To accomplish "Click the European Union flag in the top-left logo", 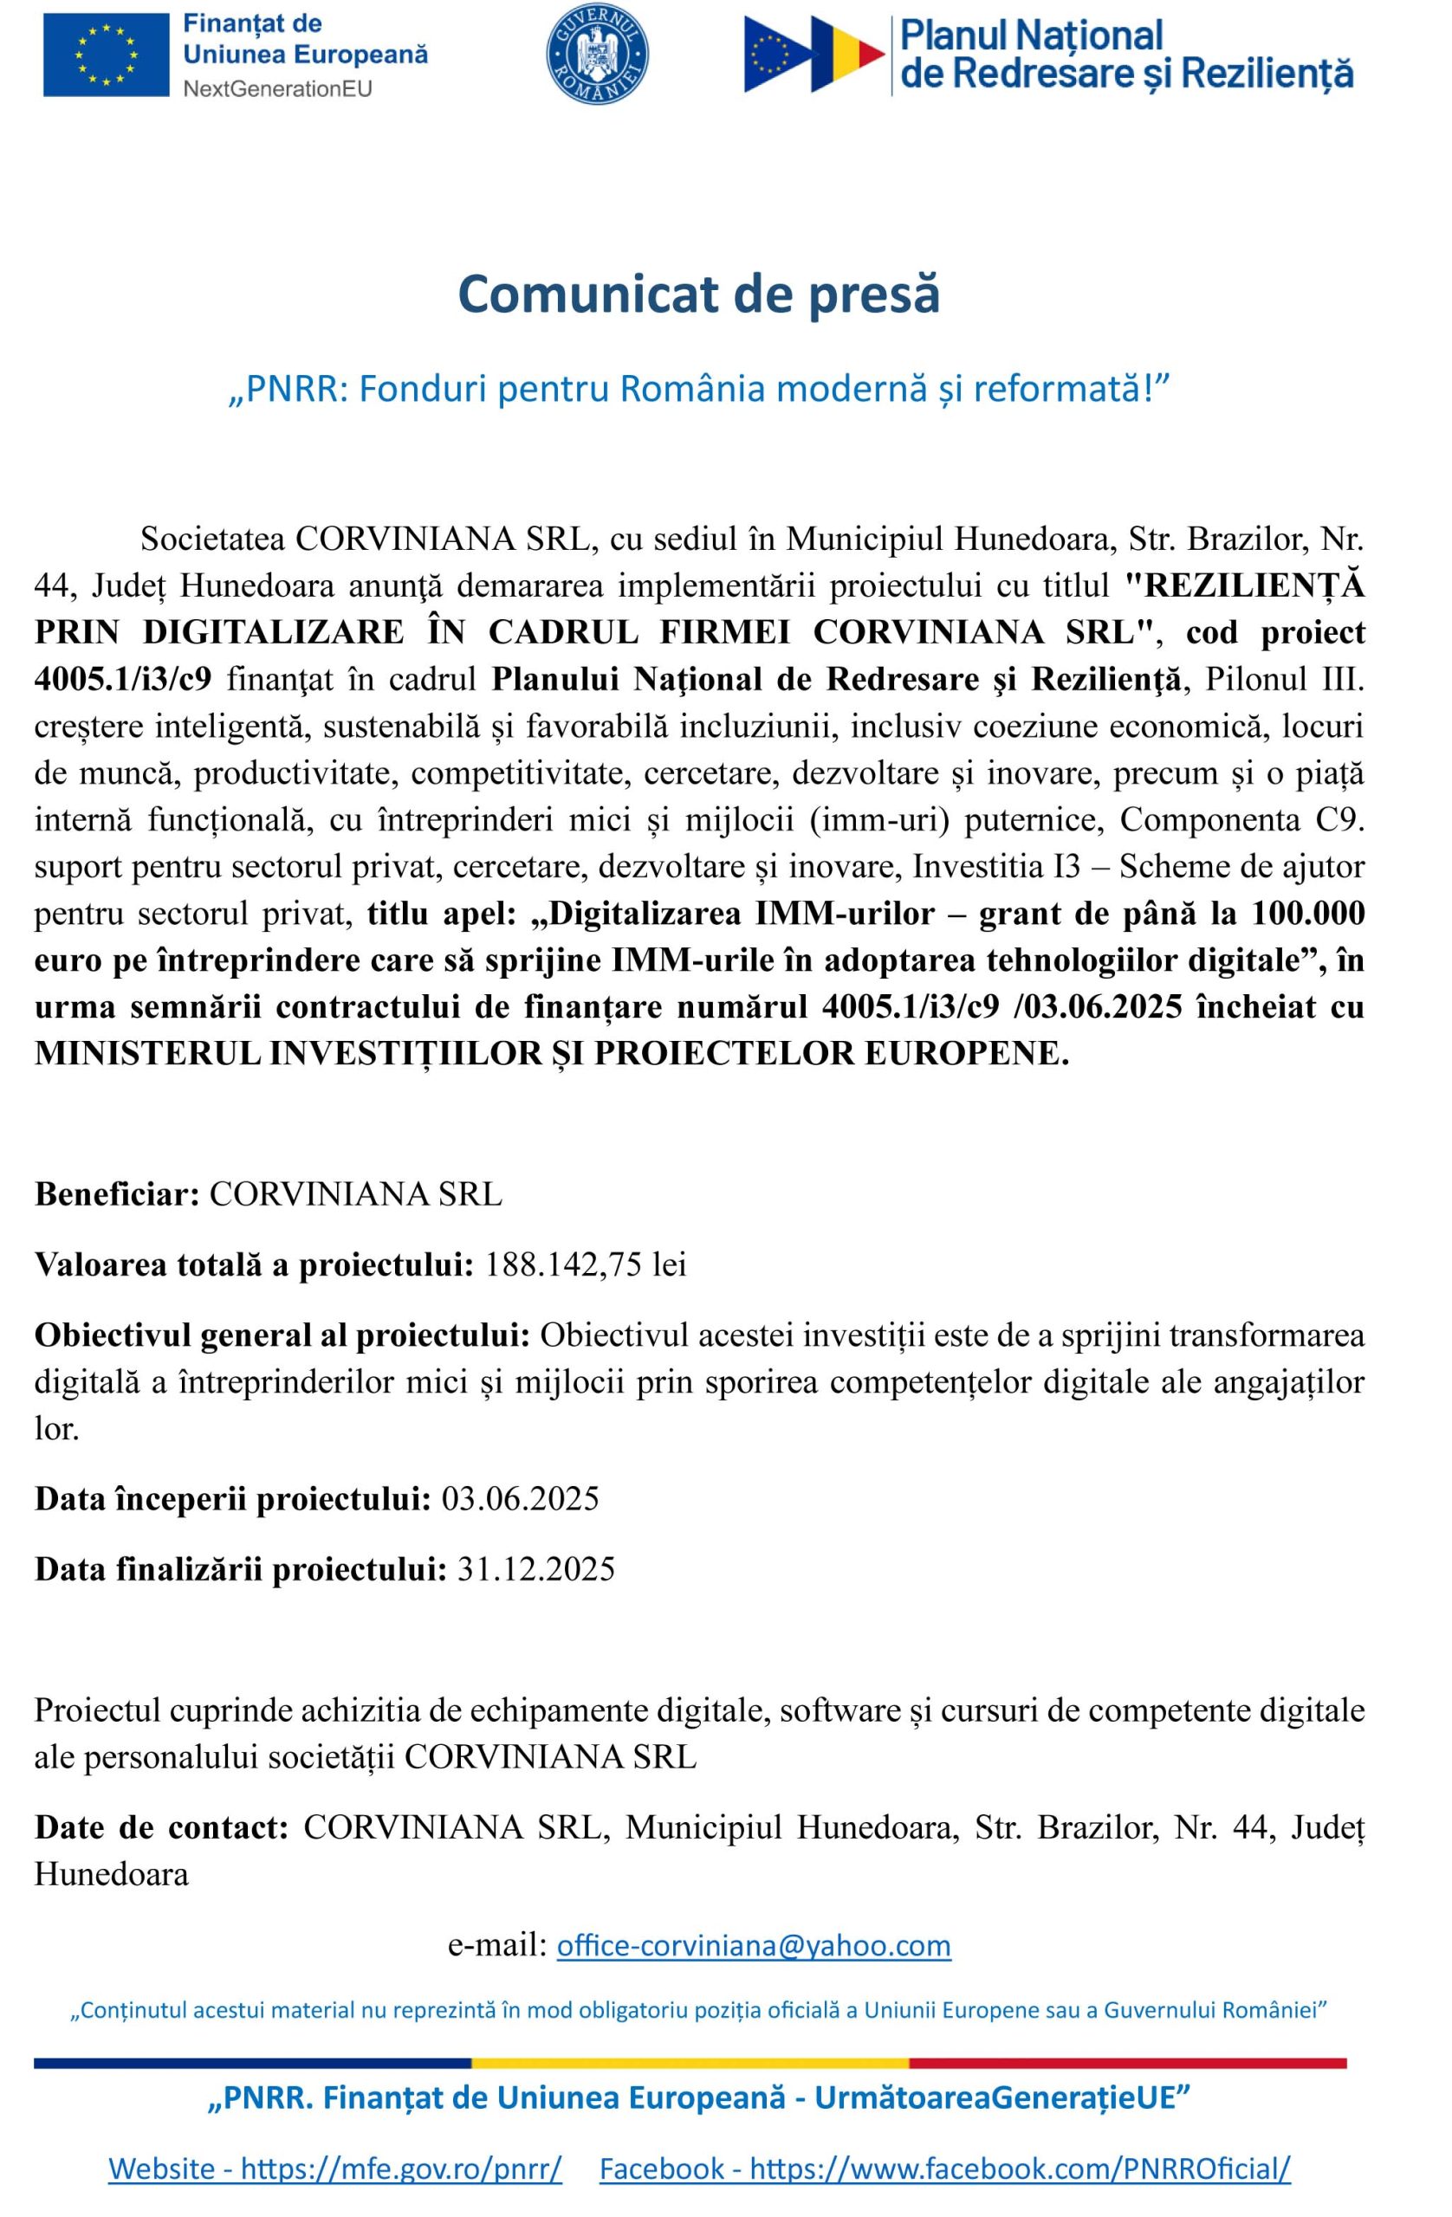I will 107,55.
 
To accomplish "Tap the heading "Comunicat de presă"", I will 698,294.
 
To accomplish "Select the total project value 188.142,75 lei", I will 586,1265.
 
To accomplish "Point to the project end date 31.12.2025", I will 536,1568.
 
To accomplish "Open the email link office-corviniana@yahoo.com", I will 753,1946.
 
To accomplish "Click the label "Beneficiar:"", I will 118,1194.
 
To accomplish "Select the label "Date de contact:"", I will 161,1827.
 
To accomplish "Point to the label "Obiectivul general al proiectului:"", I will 282,1335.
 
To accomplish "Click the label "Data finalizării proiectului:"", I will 242,1568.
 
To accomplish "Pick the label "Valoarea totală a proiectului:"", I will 255,1265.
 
